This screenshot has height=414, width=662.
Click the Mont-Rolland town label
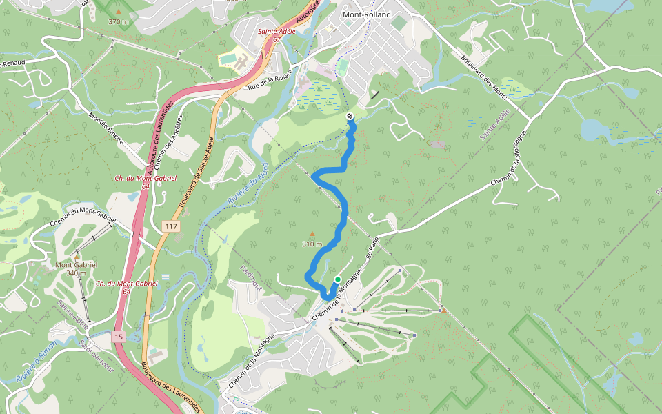pos(366,14)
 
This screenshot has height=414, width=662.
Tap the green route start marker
pos(338,279)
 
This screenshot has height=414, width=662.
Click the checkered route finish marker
pos(350,117)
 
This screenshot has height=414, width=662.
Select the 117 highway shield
pos(171,226)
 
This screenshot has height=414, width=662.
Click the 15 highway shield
pos(119,336)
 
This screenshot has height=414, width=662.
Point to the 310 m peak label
pos(312,244)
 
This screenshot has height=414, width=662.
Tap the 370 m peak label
pos(119,21)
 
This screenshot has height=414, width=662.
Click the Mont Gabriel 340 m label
pos(76,268)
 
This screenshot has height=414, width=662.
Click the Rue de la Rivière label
pos(270,79)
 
